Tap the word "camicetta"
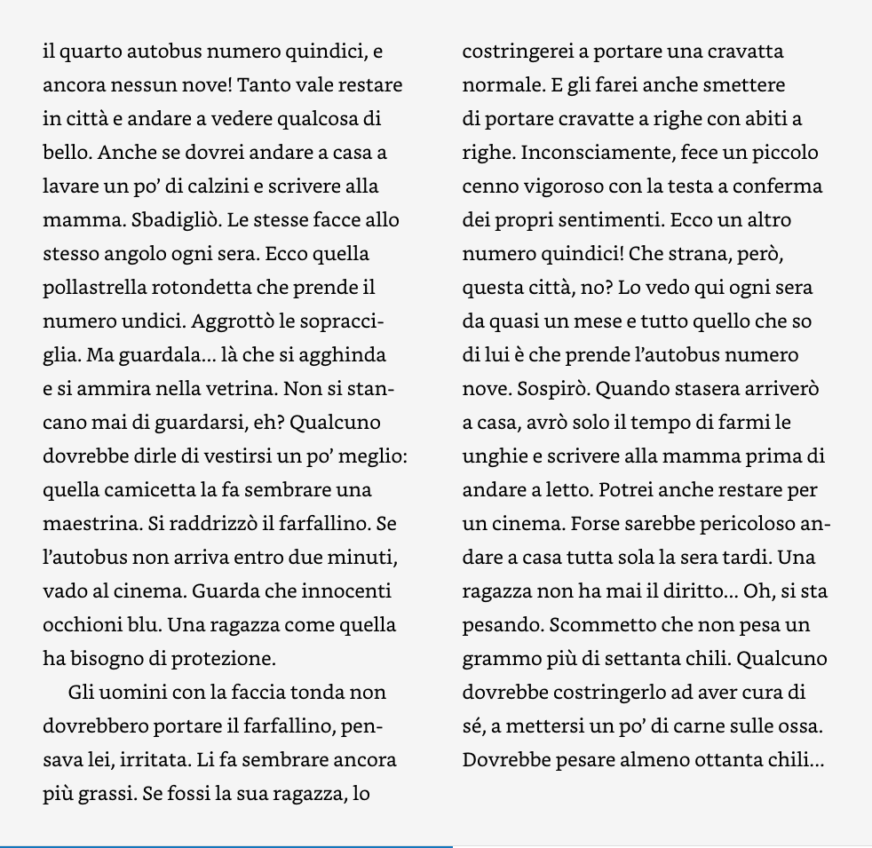tap(144, 491)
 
